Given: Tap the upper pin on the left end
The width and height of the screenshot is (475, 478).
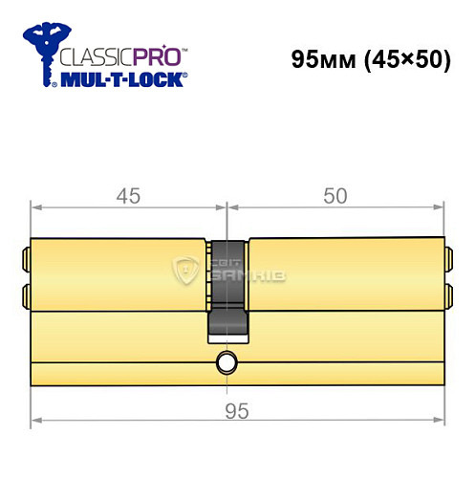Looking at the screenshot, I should click(26, 257).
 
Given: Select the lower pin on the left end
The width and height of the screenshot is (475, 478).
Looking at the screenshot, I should click(26, 292).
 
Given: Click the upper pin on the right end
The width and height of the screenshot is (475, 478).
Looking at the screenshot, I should click(445, 257).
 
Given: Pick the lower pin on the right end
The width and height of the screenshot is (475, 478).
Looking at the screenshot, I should click(445, 292).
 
